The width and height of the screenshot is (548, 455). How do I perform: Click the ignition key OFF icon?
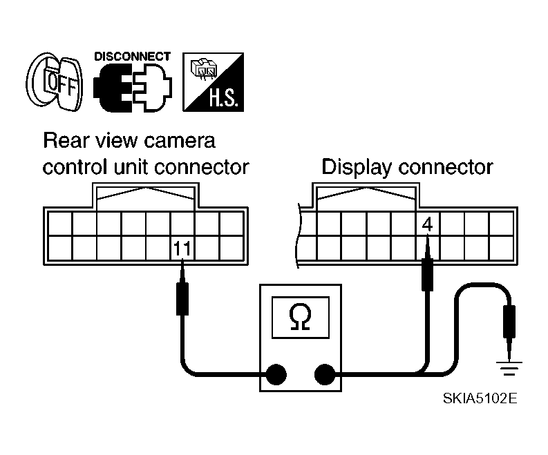[54, 84]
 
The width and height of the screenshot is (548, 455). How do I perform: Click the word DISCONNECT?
[132, 56]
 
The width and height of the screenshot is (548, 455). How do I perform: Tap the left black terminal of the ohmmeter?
[276, 374]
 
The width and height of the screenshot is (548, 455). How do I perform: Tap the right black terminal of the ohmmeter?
[324, 374]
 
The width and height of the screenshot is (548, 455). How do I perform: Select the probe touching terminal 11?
[182, 297]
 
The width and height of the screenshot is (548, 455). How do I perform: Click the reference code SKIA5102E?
[480, 399]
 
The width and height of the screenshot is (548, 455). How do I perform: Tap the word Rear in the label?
[62, 141]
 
